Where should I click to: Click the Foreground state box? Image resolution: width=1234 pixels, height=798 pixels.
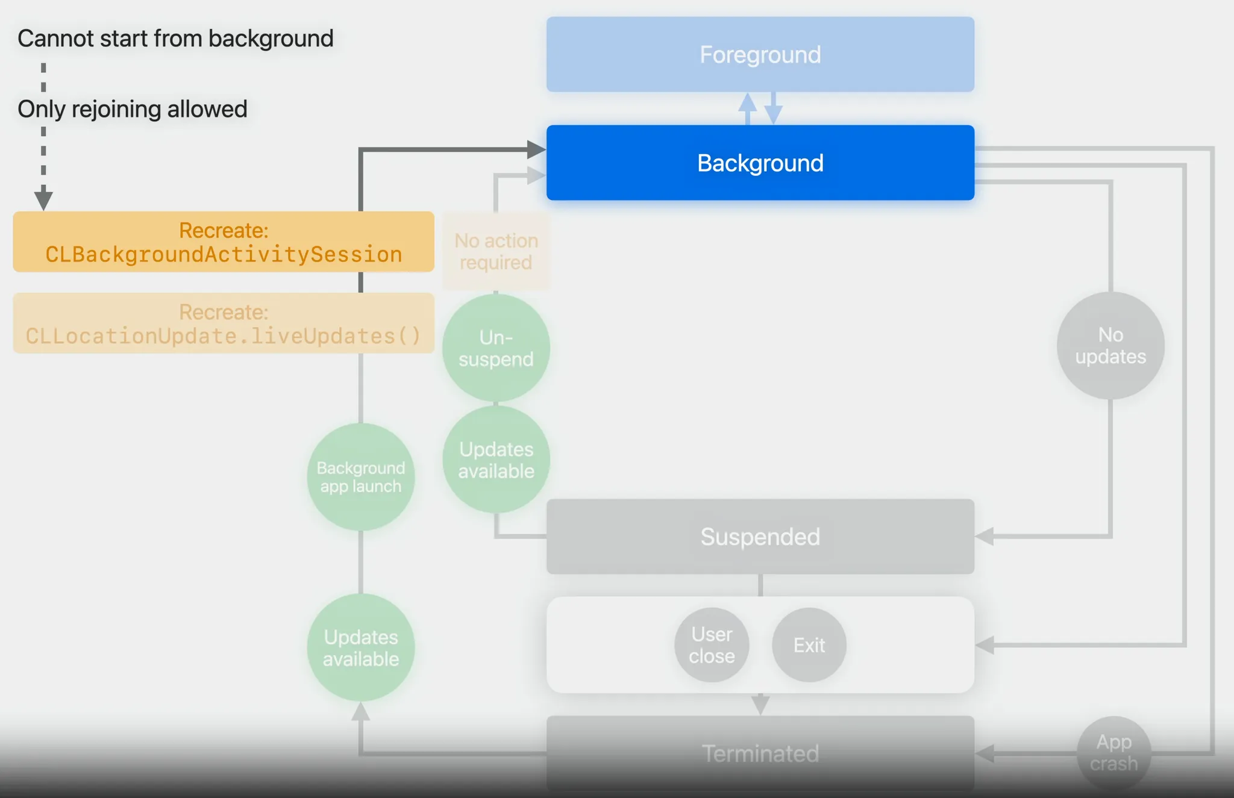pyautogui.click(x=760, y=54)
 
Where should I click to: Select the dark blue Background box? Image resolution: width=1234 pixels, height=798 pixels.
pyautogui.click(x=760, y=163)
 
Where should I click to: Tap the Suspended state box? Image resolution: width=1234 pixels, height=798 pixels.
pyautogui.click(x=760, y=536)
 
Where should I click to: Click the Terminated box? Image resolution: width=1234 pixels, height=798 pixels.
pyautogui.click(x=760, y=753)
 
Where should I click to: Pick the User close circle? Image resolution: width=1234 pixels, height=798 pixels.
pyautogui.click(x=712, y=644)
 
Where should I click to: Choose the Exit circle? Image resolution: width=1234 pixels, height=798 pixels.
pyautogui.click(x=809, y=644)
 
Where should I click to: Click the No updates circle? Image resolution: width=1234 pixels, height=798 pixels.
pyautogui.click(x=1110, y=345)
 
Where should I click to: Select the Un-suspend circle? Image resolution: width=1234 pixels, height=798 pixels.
pyautogui.click(x=496, y=348)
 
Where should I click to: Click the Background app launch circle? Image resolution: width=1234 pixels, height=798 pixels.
pyautogui.click(x=360, y=476)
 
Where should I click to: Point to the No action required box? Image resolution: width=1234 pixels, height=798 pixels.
pyautogui.click(x=496, y=251)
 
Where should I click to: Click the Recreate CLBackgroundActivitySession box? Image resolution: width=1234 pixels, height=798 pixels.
pyautogui.click(x=224, y=242)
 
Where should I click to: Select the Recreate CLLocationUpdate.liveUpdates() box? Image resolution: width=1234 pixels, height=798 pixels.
pyautogui.click(x=224, y=323)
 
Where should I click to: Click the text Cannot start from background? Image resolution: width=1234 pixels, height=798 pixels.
pyautogui.click(x=175, y=38)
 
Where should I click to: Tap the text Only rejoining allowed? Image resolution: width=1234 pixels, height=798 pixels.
pyautogui.click(x=133, y=109)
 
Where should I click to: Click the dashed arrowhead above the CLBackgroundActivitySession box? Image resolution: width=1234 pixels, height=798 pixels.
pyautogui.click(x=43, y=199)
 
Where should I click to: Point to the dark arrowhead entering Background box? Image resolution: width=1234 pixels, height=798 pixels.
pyautogui.click(x=536, y=149)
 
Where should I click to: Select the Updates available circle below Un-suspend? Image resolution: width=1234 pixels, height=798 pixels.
pyautogui.click(x=496, y=460)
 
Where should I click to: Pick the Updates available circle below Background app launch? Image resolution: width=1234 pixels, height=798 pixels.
pyautogui.click(x=360, y=647)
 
